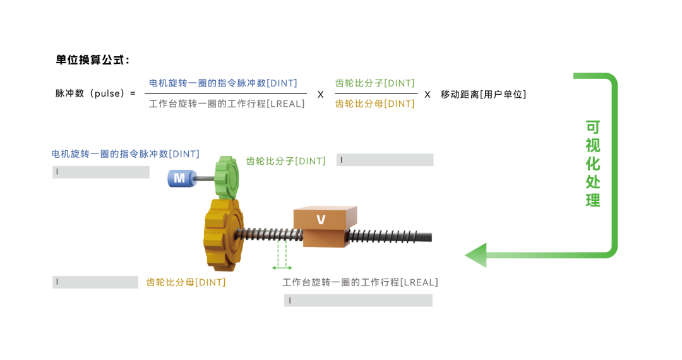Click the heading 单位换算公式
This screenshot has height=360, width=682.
(93, 61)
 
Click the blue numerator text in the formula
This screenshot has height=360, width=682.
(223, 83)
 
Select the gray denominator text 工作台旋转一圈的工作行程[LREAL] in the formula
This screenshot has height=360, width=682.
(227, 104)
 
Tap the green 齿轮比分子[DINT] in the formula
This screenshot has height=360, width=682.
(374, 83)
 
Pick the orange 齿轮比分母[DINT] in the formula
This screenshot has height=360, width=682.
(374, 104)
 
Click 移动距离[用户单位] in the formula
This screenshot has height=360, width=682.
(483, 94)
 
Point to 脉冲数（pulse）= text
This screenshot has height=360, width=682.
(95, 94)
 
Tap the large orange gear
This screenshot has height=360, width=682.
(223, 232)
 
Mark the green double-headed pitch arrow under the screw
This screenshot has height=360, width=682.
(282, 267)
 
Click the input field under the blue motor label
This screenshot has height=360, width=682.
(101, 172)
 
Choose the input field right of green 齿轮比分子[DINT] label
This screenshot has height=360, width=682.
(385, 160)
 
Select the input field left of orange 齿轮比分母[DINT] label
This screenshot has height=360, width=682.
(95, 282)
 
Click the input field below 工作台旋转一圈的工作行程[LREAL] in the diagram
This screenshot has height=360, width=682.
(358, 301)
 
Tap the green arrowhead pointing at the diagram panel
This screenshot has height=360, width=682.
(476, 255)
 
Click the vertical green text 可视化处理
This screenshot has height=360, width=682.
(593, 164)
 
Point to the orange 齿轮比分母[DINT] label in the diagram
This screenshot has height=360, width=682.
(186, 282)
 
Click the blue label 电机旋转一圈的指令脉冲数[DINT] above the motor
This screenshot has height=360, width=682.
(125, 153)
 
